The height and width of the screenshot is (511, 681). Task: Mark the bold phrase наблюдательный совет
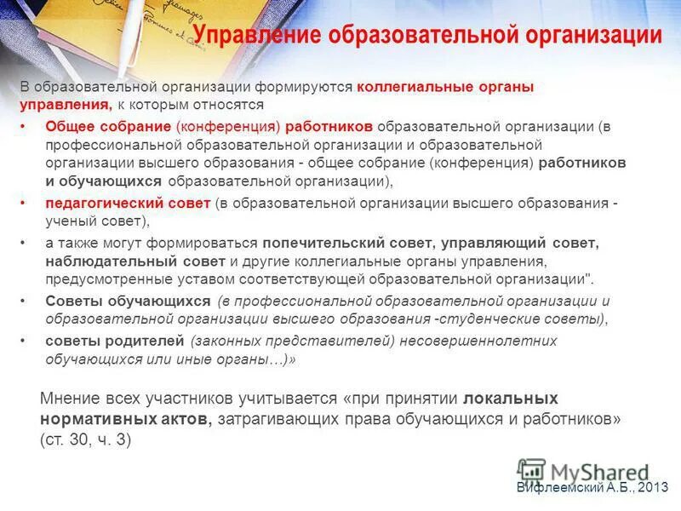tap(135, 260)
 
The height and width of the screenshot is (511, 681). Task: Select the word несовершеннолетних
tap(480, 341)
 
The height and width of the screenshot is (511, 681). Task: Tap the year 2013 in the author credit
tap(653, 486)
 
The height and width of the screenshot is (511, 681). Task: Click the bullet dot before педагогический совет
tap(24, 204)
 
